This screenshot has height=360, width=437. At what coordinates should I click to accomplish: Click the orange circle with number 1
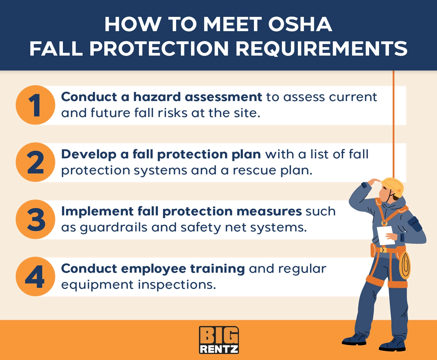pyautogui.click(x=35, y=105)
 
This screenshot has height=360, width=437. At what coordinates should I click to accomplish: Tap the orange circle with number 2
pyautogui.click(x=35, y=162)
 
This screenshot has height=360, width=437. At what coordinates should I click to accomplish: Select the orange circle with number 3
pyautogui.click(x=35, y=219)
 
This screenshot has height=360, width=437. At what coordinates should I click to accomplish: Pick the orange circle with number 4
pyautogui.click(x=35, y=276)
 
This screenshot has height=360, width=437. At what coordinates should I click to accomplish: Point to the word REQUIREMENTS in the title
pyautogui.click(x=321, y=49)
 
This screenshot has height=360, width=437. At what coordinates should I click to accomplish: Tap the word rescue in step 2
pyautogui.click(x=254, y=170)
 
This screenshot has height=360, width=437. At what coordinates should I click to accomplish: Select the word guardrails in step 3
pyautogui.click(x=114, y=227)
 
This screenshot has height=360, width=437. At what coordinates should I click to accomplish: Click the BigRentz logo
pyautogui.click(x=219, y=340)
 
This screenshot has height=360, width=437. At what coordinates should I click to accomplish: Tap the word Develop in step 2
pyautogui.click(x=89, y=154)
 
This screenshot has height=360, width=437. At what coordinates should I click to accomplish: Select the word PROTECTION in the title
pyautogui.click(x=159, y=49)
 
